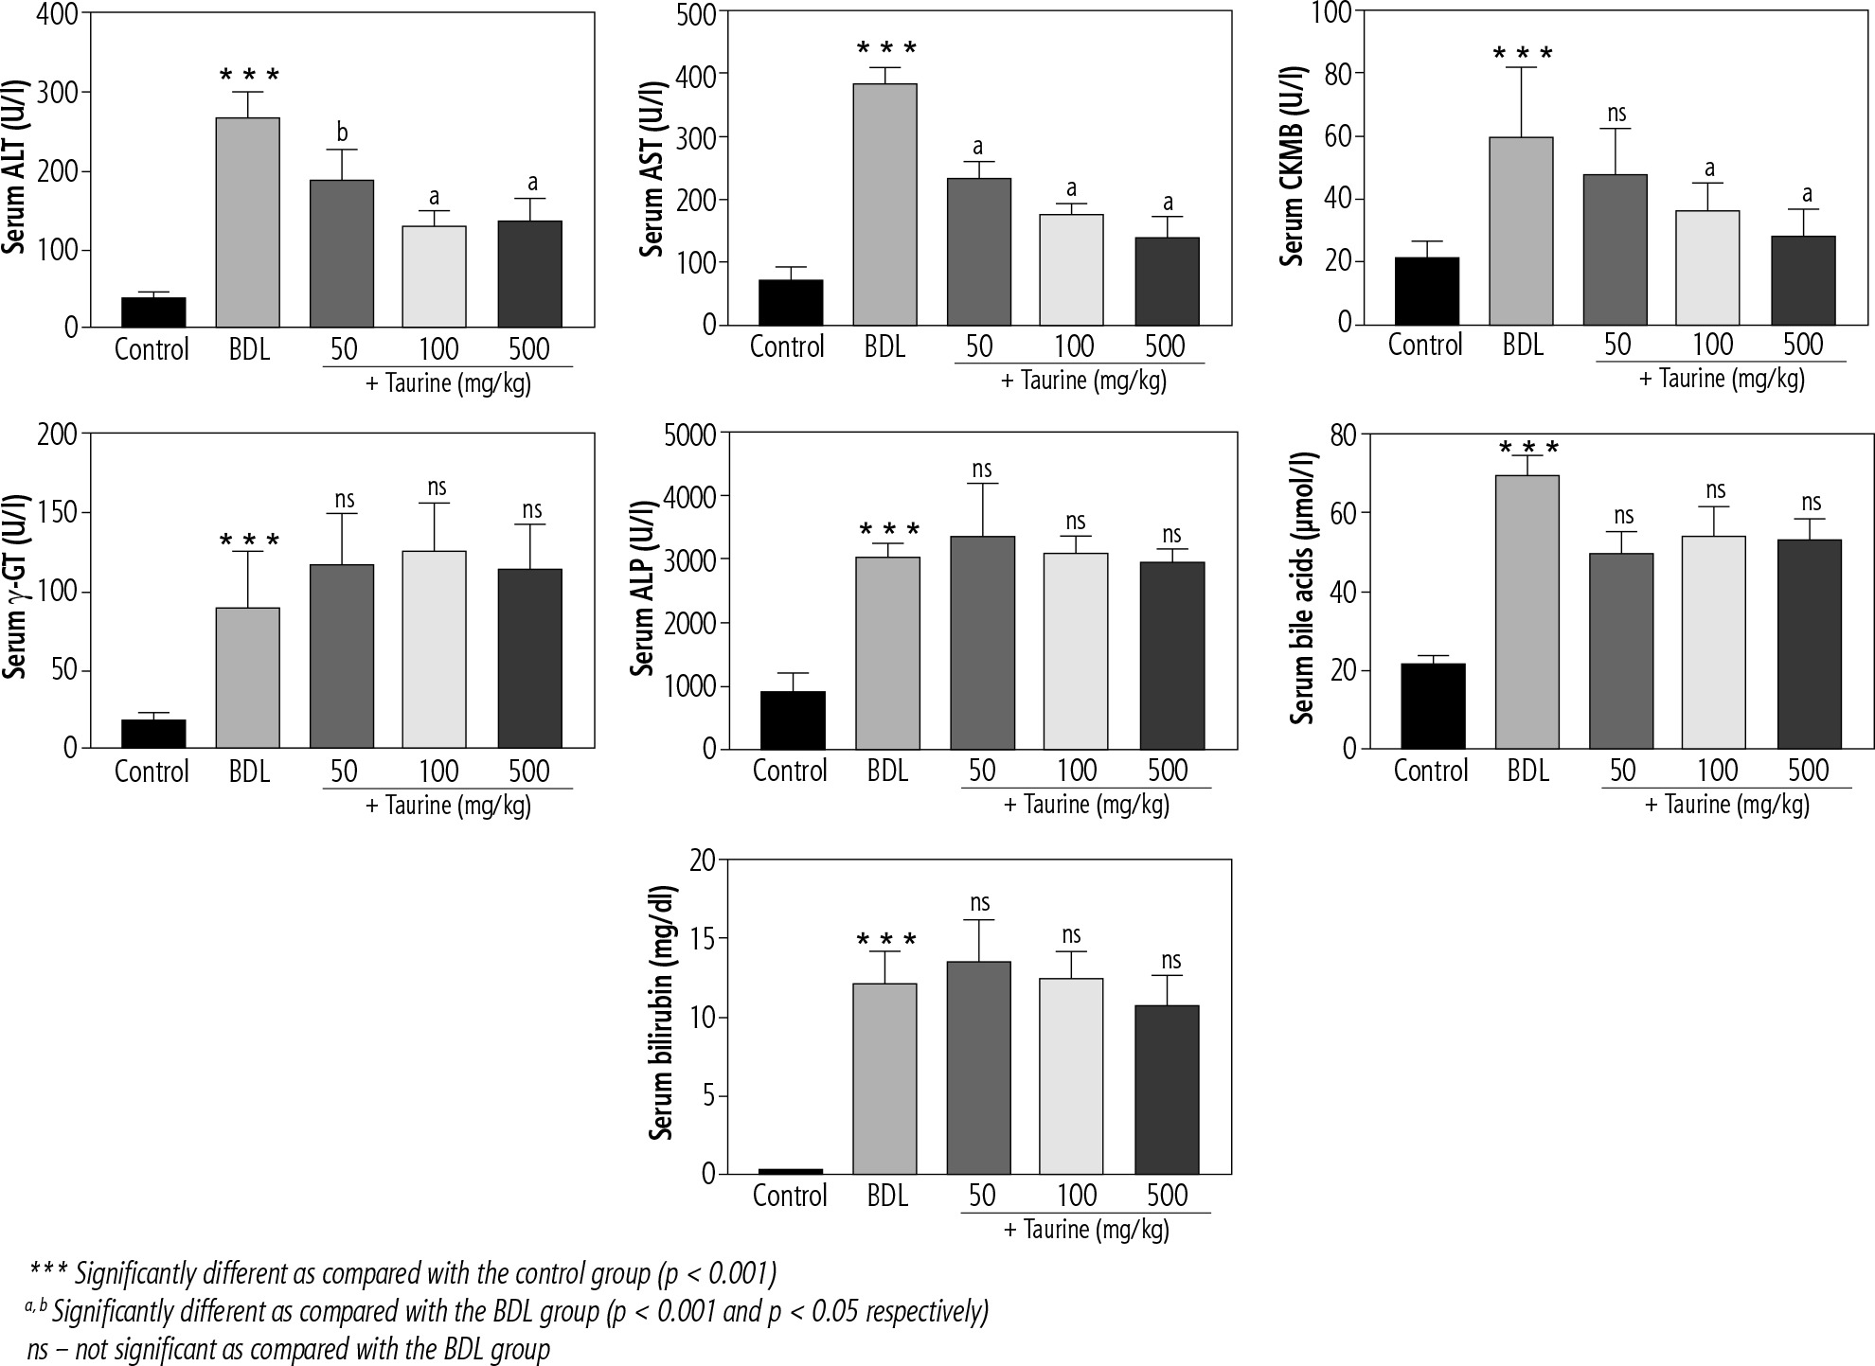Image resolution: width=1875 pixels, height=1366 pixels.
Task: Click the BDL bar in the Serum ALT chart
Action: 248,222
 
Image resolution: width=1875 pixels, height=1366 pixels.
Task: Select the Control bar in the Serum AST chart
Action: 791,302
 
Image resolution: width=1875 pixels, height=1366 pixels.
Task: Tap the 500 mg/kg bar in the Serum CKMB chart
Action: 1803,280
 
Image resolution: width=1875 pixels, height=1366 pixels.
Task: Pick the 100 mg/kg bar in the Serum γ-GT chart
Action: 435,649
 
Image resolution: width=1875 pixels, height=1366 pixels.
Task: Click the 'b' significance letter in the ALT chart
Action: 342,133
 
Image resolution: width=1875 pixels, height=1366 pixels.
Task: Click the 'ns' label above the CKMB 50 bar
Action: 1616,114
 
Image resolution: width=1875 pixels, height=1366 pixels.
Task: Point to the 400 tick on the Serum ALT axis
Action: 59,13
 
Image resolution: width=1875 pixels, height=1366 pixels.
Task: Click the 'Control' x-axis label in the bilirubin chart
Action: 790,1196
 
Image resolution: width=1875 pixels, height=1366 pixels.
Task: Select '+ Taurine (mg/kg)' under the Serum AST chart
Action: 1083,381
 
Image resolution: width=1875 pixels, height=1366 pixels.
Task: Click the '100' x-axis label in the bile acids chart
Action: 1716,771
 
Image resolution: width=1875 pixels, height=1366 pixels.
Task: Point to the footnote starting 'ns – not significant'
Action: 289,1348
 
